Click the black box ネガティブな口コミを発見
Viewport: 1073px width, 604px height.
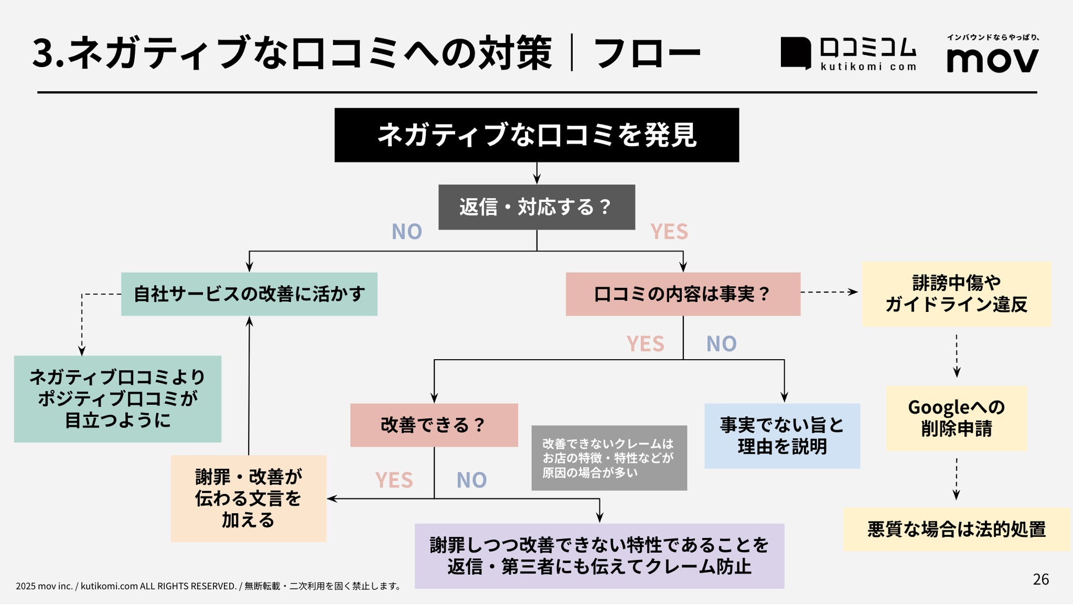[536, 135]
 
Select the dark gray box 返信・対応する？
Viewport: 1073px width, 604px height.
[536, 207]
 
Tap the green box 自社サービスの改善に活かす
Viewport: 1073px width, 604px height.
[249, 294]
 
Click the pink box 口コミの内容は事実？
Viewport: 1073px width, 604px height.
[683, 294]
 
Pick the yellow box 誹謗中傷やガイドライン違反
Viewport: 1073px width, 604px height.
[956, 294]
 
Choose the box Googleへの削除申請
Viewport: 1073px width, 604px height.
[956, 418]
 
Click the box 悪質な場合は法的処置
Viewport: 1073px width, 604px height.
[956, 529]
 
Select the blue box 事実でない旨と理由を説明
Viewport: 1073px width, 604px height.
[782, 436]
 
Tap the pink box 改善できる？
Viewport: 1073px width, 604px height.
[434, 425]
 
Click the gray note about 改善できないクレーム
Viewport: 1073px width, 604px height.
[609, 458]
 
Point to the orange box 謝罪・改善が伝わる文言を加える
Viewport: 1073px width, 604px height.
[248, 498]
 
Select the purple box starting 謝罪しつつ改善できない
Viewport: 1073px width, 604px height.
[599, 556]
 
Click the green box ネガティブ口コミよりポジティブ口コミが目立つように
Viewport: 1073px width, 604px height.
[118, 399]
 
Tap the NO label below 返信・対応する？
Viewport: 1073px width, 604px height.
[407, 232]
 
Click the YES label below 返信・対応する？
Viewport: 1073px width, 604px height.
[669, 232]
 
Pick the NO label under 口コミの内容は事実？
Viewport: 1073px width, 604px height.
[721, 344]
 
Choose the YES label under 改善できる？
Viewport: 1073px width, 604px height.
[394, 480]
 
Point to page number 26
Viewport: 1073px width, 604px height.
[1041, 579]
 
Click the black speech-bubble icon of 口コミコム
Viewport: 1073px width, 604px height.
[796, 53]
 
